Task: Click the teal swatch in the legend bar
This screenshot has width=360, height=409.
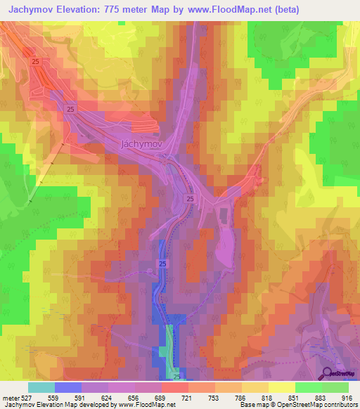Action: point(41,387)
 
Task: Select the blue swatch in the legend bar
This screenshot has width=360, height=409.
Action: point(68,387)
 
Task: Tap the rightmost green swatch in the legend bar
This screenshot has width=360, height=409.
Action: point(335,387)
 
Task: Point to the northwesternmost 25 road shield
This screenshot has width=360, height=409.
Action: point(35,63)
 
